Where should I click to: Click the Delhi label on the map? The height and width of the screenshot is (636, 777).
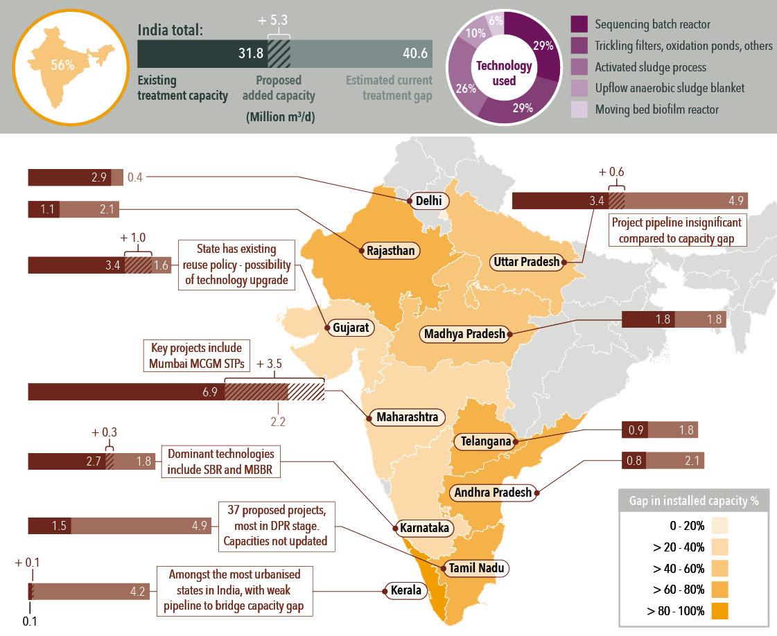pos(427,201)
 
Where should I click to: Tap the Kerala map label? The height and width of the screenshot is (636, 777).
pos(406,591)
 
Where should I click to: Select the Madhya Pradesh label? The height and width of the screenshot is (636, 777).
pos(465,334)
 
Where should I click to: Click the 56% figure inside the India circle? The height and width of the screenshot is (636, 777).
pos(62,66)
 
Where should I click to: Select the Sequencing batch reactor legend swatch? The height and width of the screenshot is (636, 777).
pos(579,25)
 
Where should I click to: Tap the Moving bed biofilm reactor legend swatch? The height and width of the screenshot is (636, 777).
pos(579,109)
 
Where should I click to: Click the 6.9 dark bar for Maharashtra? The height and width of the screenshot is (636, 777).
pos(125,391)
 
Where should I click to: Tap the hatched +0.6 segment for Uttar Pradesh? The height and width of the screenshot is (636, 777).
pos(616,201)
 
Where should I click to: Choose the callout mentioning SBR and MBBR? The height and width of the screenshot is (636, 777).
pos(220,461)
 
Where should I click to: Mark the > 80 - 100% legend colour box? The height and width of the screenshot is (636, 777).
pos(719,611)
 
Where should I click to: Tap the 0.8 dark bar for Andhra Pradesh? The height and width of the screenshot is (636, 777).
pos(633,460)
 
